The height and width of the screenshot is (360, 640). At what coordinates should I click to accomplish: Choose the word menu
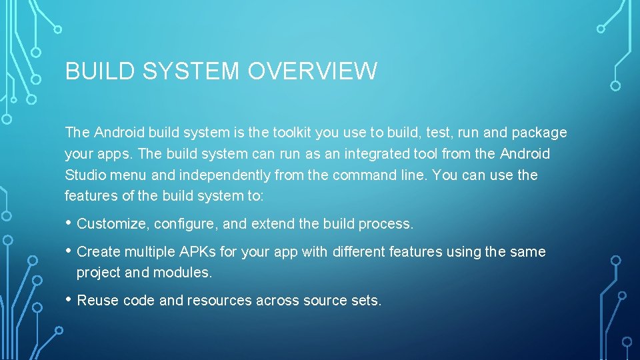pyautogui.click(x=129, y=175)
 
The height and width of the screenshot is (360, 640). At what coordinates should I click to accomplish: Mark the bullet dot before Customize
pyautogui.click(x=69, y=223)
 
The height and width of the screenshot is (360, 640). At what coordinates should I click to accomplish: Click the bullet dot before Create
pyautogui.click(x=69, y=251)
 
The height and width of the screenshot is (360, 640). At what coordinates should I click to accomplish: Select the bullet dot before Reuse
pyautogui.click(x=69, y=300)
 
